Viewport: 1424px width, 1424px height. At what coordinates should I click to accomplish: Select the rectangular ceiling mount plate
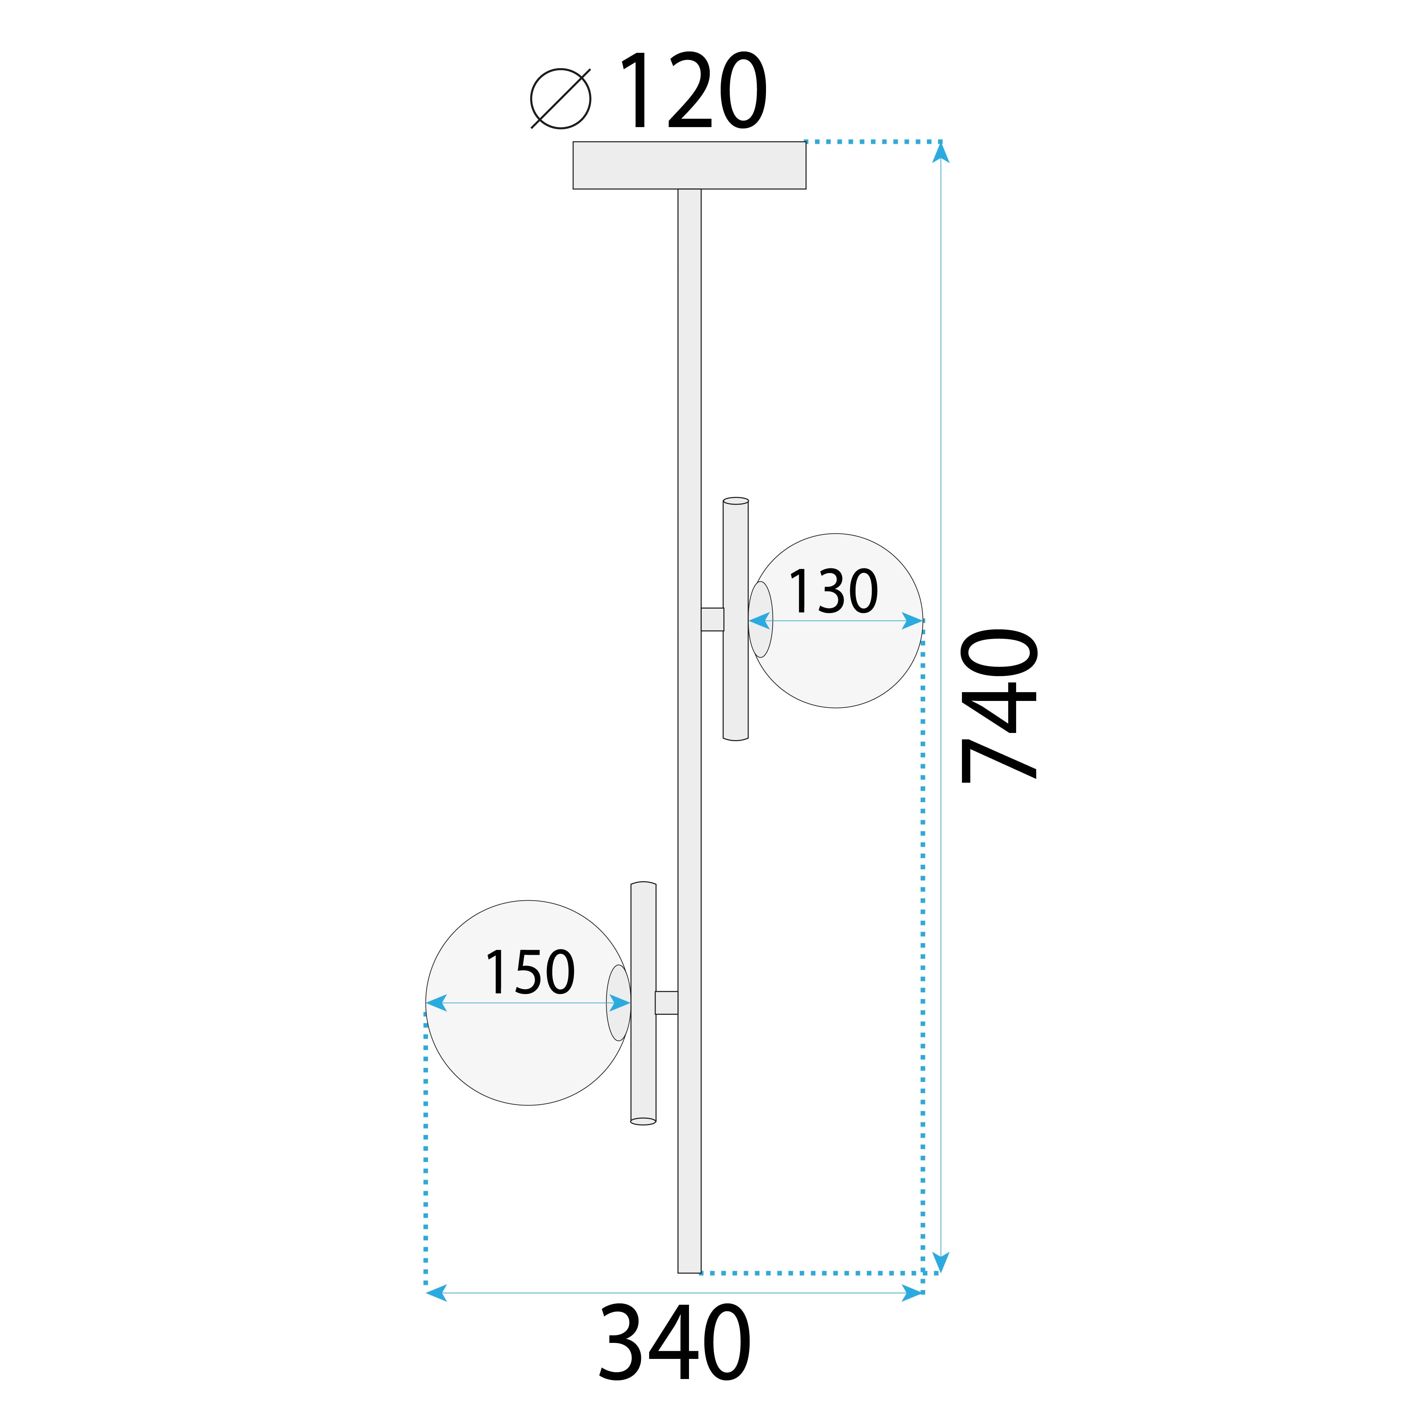(689, 165)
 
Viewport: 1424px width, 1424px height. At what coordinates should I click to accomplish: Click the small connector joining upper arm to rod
(712, 619)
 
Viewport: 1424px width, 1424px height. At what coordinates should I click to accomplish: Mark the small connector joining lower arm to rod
(666, 1002)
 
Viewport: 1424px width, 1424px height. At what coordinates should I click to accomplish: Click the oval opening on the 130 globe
(761, 619)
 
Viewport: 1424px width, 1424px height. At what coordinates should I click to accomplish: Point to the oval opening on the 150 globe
(618, 1002)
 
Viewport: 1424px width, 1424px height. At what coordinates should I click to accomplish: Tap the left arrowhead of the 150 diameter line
(437, 1002)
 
